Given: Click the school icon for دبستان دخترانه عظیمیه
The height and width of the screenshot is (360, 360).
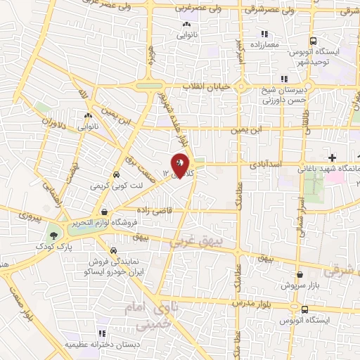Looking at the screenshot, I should click(102, 333).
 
